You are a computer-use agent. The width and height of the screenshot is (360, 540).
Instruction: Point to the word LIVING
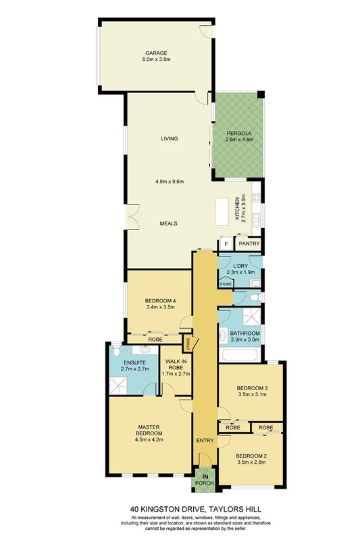(x=169, y=139)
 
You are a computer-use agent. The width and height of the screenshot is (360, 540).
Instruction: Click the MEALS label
(x=169, y=223)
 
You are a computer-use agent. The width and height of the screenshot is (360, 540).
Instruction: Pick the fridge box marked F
(x=224, y=244)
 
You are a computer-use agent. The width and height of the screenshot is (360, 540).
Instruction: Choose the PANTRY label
(x=249, y=244)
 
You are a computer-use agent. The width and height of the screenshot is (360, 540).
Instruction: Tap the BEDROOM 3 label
(x=250, y=387)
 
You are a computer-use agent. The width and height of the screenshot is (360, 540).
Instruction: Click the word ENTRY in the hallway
(x=205, y=441)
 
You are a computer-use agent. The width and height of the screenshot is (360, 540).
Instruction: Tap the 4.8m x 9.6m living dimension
(x=169, y=181)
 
